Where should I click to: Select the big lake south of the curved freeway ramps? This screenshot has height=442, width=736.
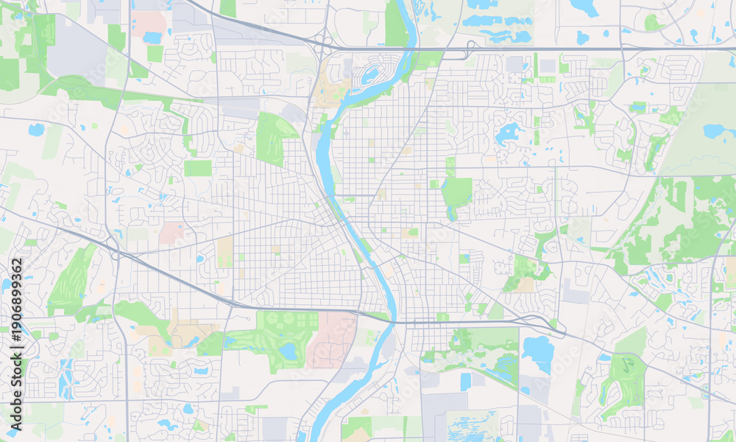click(538, 354)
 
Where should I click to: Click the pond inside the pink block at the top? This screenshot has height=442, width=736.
click(152, 37)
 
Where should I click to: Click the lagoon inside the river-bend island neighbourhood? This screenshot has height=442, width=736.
click(370, 74)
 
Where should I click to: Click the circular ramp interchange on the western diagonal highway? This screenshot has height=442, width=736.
click(115, 254)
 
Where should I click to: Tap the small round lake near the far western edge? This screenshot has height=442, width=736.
click(35, 130)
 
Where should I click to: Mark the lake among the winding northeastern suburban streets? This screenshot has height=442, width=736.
click(506, 134)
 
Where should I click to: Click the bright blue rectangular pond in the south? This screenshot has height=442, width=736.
click(465, 382)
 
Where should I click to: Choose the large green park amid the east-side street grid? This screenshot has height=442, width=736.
click(456, 193)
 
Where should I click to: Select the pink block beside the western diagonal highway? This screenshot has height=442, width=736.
click(171, 233)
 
